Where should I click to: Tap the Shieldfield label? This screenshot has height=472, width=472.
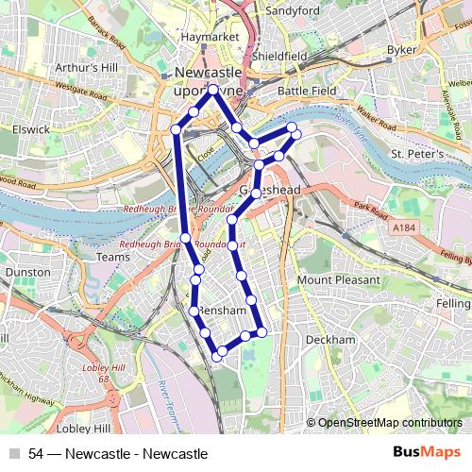(x=280, y=56)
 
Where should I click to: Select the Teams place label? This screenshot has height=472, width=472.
(x=112, y=257)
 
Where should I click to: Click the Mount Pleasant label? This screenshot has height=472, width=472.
(x=339, y=280)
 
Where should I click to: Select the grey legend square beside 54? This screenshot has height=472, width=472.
(x=14, y=453)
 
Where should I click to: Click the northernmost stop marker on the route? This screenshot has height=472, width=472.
(x=214, y=90)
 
